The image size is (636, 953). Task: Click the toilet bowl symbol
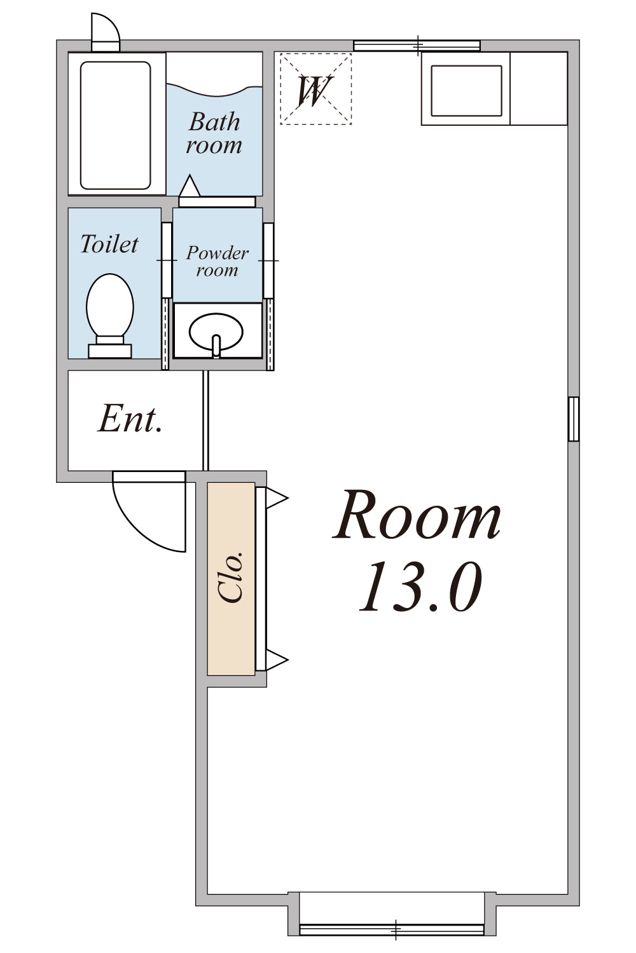pyautogui.click(x=110, y=315)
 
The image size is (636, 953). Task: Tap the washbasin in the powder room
pyautogui.click(x=216, y=332)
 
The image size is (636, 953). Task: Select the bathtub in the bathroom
pyautogui.click(x=116, y=126)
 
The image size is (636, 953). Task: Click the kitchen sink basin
pyautogui.click(x=466, y=91)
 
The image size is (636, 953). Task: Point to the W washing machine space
pyautogui.click(x=315, y=89)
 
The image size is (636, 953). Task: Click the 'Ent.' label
pyautogui.click(x=130, y=420)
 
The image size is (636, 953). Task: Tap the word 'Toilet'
pyautogui.click(x=109, y=244)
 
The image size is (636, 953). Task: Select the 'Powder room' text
pyautogui.click(x=218, y=261)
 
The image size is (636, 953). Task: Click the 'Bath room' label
pyautogui.click(x=214, y=133)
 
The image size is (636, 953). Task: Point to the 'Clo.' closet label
pyautogui.click(x=232, y=577)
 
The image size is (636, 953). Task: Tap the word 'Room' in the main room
pyautogui.click(x=417, y=515)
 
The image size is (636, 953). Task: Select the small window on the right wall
pyautogui.click(x=574, y=419)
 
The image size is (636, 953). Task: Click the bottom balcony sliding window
pyautogui.click(x=392, y=929)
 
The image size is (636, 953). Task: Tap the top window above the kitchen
pyautogui.click(x=417, y=46)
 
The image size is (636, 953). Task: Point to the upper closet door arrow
pyautogui.click(x=277, y=497)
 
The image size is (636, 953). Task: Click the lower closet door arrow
pyautogui.click(x=277, y=660)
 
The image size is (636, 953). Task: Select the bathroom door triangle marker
pyautogui.click(x=190, y=186)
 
